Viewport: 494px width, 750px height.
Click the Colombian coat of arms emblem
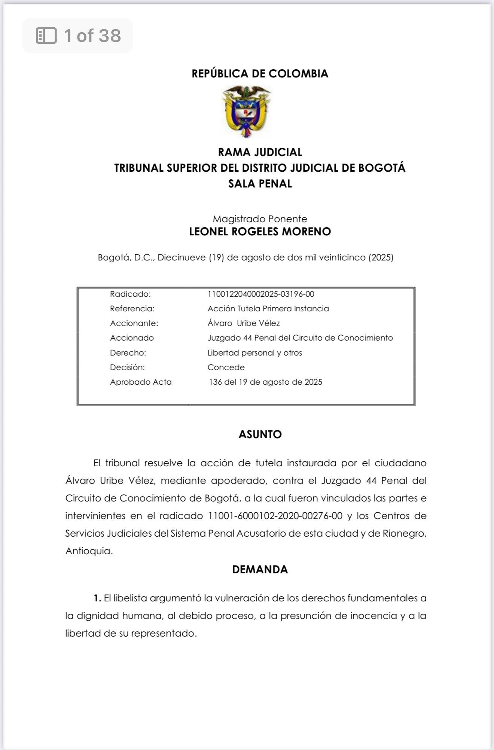click(246, 112)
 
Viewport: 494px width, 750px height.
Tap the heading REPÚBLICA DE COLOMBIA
click(260, 74)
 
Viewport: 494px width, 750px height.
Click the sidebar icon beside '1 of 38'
click(46, 36)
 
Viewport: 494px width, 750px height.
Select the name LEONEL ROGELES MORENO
click(260, 232)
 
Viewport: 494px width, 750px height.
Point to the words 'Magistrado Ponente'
click(260, 219)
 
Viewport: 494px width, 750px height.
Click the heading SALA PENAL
click(260, 184)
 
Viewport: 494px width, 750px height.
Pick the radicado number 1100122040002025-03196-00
click(261, 294)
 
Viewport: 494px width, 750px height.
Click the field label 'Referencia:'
click(132, 309)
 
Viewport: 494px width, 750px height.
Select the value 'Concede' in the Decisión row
click(226, 368)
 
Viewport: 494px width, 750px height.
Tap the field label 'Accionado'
click(132, 338)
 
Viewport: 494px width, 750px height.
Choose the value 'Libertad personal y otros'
click(254, 353)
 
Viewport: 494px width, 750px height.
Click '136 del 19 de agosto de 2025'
click(265, 382)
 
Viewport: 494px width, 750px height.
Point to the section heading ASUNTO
click(260, 435)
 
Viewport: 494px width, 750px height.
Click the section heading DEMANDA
click(260, 570)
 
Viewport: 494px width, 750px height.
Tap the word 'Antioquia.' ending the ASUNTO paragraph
click(89, 551)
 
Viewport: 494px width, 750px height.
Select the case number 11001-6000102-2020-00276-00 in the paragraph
click(275, 516)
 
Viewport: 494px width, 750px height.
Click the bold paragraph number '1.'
click(97, 598)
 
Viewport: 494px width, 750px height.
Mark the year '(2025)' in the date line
click(381, 257)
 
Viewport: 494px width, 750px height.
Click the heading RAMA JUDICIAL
click(260, 152)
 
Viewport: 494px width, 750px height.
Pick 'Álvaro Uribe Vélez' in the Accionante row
click(244, 323)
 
